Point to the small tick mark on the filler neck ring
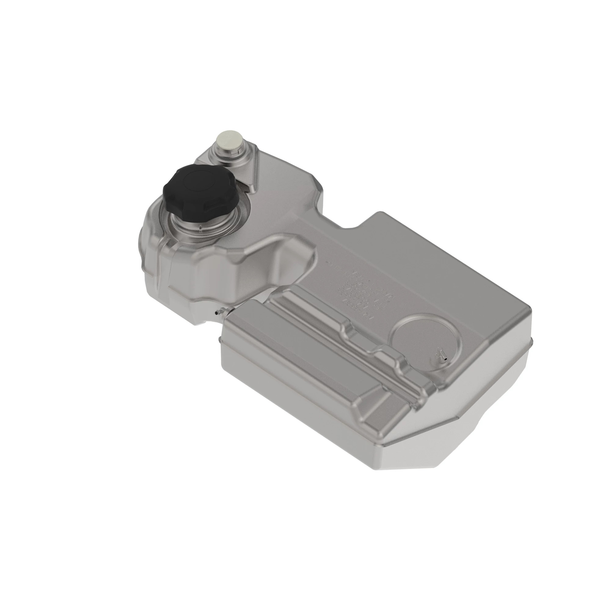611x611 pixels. coord(200,227)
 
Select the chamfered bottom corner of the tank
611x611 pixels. coord(459,449)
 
